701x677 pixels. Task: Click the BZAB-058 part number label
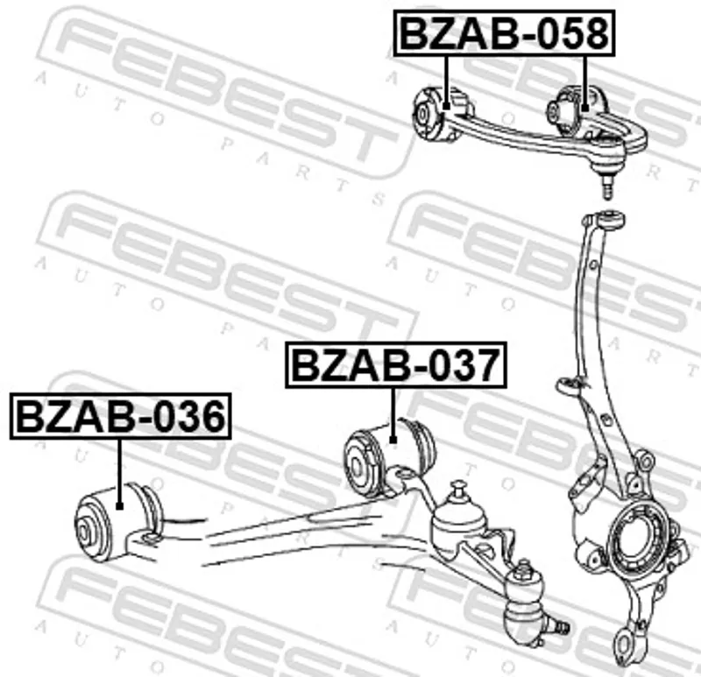coord(505,33)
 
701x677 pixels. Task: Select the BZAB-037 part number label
coord(396,364)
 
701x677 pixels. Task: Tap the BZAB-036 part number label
coord(120,416)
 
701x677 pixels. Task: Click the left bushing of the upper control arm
coord(441,114)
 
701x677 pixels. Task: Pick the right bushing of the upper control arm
coord(577,110)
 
